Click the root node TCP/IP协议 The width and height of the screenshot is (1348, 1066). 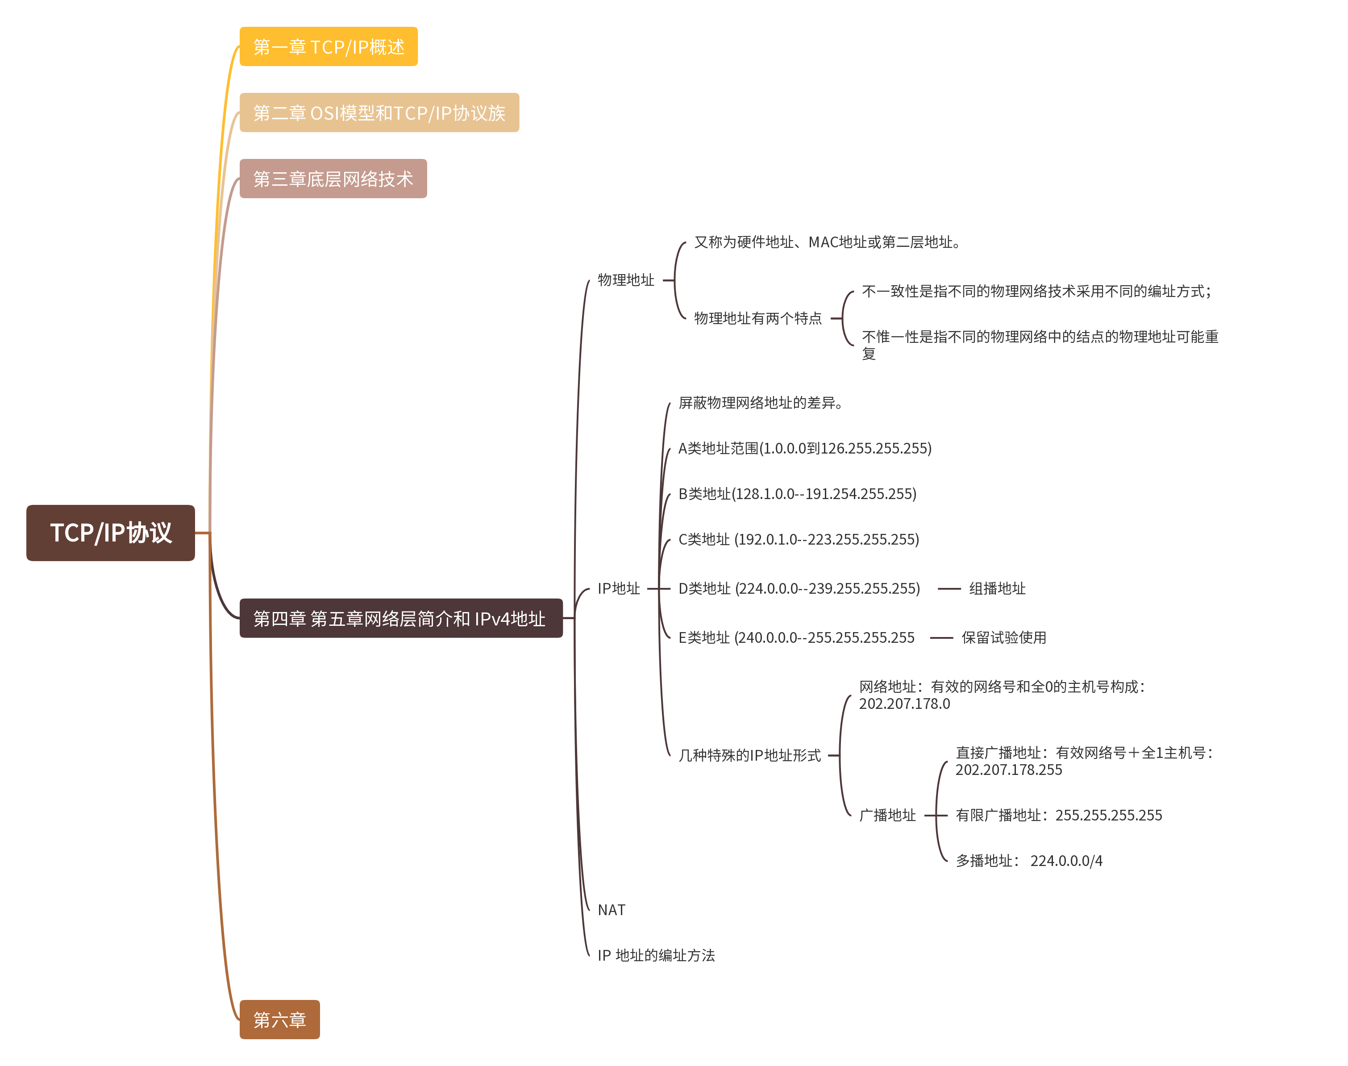(110, 533)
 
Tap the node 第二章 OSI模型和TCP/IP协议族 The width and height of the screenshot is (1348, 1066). (379, 113)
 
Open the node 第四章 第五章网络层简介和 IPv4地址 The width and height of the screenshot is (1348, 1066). (401, 619)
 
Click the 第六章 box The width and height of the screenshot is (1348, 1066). (279, 1020)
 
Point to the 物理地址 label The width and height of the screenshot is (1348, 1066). (625, 280)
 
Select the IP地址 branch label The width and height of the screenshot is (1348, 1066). (619, 588)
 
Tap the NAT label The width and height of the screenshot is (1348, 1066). (611, 910)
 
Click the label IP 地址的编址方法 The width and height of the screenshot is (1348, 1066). (656, 956)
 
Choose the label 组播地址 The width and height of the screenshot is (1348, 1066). (997, 588)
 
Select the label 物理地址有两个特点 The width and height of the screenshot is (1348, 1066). (757, 318)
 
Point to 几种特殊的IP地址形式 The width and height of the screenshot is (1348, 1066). (749, 755)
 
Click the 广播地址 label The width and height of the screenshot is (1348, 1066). (887, 815)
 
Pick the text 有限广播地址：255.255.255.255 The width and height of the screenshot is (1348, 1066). (1058, 815)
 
